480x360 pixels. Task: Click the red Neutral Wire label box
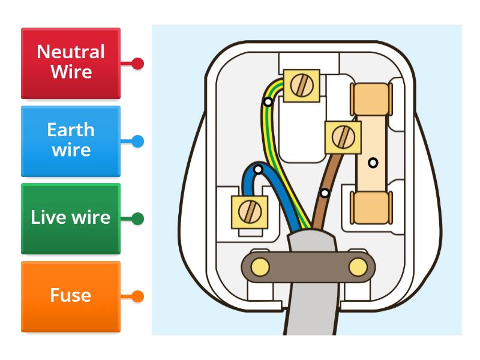click(x=71, y=63)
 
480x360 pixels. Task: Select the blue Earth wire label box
click(x=71, y=141)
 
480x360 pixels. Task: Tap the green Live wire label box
click(x=71, y=218)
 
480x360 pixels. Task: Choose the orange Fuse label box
click(x=71, y=296)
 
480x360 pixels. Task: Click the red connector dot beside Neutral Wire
click(x=137, y=63)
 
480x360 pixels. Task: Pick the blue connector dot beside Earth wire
click(x=137, y=142)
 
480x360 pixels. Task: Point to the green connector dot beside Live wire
click(x=137, y=219)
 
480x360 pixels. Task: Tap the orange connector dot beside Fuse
click(x=137, y=296)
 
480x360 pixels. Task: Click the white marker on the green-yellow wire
click(x=268, y=102)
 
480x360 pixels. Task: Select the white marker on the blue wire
click(x=258, y=170)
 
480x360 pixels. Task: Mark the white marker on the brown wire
click(x=325, y=193)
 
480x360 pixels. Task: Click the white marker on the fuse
click(x=373, y=163)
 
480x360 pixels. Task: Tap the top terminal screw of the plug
click(x=299, y=86)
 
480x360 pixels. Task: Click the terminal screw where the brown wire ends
click(x=343, y=137)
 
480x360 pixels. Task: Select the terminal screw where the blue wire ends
click(x=248, y=211)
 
